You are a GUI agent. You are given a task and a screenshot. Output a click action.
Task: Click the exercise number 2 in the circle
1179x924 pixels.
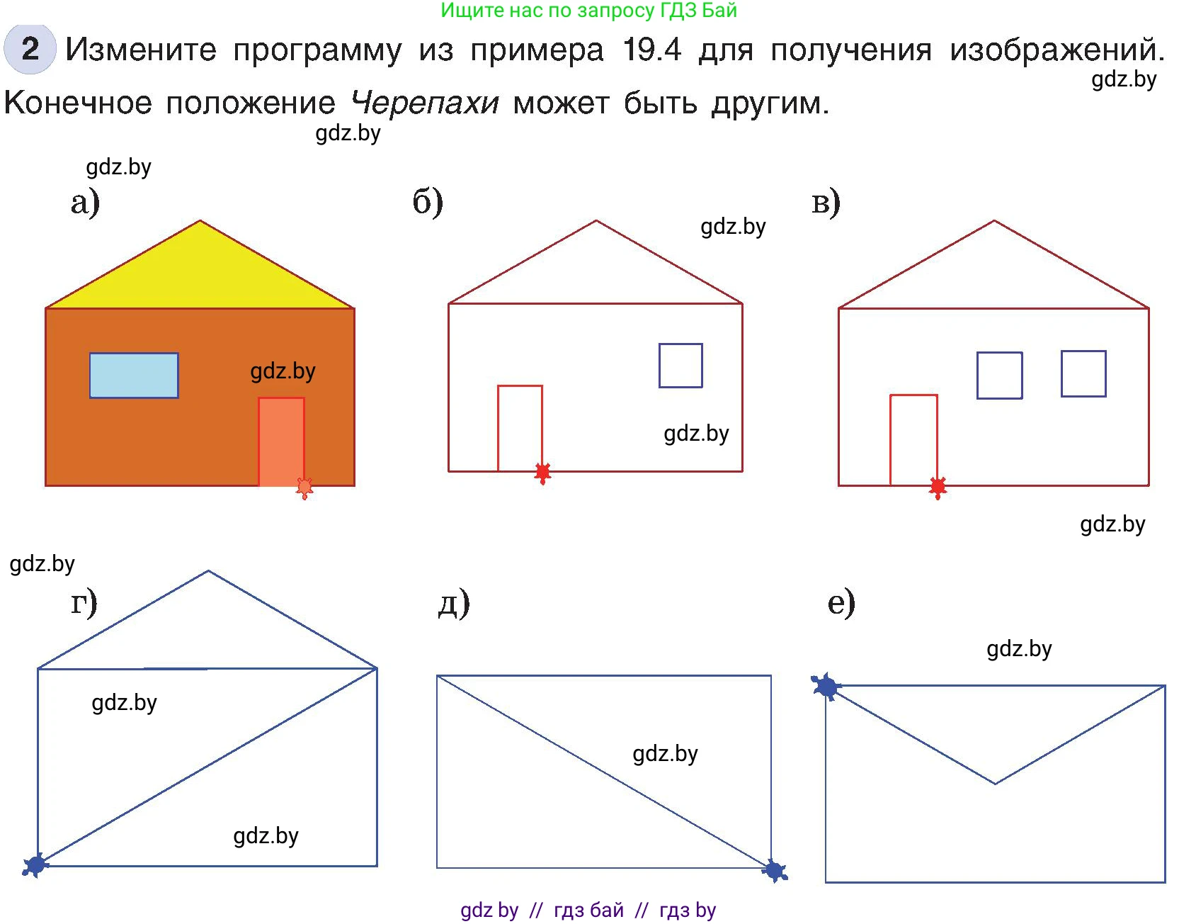click(x=30, y=49)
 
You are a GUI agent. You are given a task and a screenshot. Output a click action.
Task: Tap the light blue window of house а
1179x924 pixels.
click(x=134, y=375)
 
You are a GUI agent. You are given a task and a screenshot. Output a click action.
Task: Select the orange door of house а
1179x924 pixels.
click(x=281, y=441)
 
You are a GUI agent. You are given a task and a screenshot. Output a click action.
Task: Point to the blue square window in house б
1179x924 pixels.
click(x=680, y=366)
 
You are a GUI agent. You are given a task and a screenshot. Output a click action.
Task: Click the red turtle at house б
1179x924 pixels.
click(x=542, y=472)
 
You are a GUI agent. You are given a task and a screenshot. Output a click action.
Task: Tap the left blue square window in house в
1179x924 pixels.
click(x=999, y=375)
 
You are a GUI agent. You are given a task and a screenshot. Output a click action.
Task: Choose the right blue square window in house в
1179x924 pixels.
click(x=1083, y=373)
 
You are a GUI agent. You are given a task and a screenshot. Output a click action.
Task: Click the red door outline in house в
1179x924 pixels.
click(x=913, y=439)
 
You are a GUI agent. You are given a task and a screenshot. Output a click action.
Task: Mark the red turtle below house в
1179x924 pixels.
click(x=938, y=487)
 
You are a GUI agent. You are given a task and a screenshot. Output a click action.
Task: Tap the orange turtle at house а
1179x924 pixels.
click(x=304, y=488)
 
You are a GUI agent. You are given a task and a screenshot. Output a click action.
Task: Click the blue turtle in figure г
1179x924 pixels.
click(x=35, y=864)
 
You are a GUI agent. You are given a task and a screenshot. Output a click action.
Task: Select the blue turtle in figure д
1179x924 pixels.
click(x=775, y=871)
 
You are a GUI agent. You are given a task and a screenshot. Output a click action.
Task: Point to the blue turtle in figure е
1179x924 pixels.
click(x=825, y=686)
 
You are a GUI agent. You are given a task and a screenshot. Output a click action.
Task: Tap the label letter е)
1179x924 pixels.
click(x=841, y=603)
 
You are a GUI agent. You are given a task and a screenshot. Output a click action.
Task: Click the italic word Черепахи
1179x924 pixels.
click(x=425, y=103)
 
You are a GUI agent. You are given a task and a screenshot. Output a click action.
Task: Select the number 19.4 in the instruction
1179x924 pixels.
click(x=651, y=50)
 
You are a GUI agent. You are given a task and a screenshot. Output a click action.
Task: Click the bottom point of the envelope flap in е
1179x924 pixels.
click(x=995, y=784)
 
